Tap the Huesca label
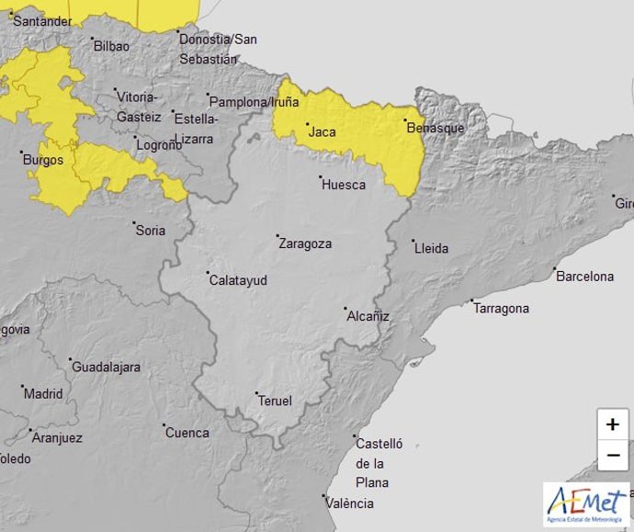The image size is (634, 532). [344, 185]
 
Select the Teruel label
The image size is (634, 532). [276, 401]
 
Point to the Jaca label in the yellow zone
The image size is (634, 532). [323, 132]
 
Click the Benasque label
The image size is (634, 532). [436, 128]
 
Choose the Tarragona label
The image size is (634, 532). [502, 309]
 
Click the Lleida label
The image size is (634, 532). [432, 249]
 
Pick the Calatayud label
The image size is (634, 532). [239, 280]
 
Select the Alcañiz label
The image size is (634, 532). [368, 316]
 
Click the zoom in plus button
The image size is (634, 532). [613, 424]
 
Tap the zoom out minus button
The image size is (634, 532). [613, 455]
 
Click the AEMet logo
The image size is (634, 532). [586, 504]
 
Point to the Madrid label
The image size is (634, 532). [43, 394]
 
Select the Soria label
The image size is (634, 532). [151, 231]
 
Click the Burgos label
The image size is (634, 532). [42, 160]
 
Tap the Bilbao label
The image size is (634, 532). [111, 45]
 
